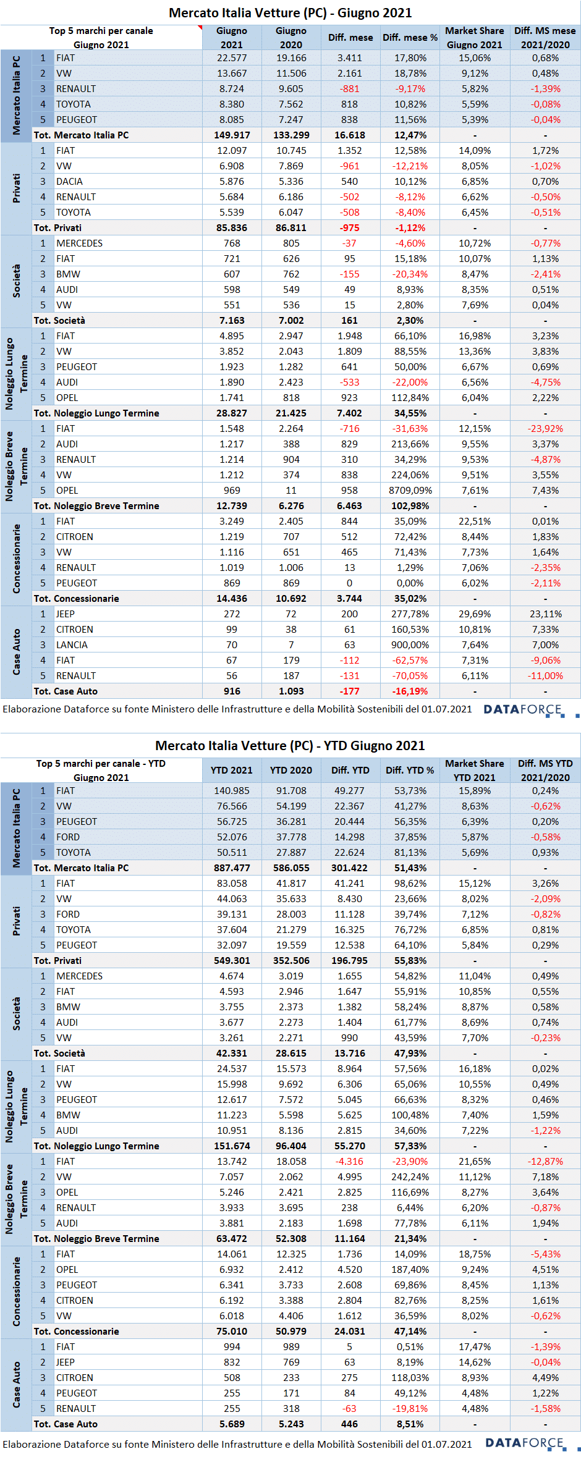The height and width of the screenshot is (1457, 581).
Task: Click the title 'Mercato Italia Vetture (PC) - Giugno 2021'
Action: tap(290, 12)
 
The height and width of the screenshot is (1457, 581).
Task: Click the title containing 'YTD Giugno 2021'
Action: tap(290, 745)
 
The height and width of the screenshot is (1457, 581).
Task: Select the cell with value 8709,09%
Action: tap(410, 491)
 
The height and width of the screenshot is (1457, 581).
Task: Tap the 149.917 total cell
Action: tap(232, 135)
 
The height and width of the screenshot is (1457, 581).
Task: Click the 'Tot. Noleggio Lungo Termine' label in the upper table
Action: tap(96, 413)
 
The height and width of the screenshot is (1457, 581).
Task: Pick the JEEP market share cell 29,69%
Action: tap(475, 614)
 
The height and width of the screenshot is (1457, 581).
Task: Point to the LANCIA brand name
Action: tap(72, 645)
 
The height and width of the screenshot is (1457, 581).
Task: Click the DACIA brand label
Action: tap(69, 182)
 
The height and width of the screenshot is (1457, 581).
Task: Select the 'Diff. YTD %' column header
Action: tap(410, 771)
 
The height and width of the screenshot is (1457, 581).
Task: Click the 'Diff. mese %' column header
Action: tap(410, 38)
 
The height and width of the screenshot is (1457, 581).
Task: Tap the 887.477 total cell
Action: tap(232, 868)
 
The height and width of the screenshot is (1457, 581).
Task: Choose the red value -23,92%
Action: tap(545, 429)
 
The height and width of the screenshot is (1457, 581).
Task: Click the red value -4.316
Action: tap(349, 1162)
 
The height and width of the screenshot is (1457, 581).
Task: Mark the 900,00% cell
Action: tap(410, 645)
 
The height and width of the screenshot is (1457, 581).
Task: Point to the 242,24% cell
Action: tap(410, 1177)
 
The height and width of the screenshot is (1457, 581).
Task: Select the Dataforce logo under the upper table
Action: tap(530, 710)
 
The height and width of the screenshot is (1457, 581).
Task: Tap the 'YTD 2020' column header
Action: tap(291, 771)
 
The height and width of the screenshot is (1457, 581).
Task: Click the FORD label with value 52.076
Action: tap(68, 837)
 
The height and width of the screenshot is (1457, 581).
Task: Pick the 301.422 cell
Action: tap(349, 868)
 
